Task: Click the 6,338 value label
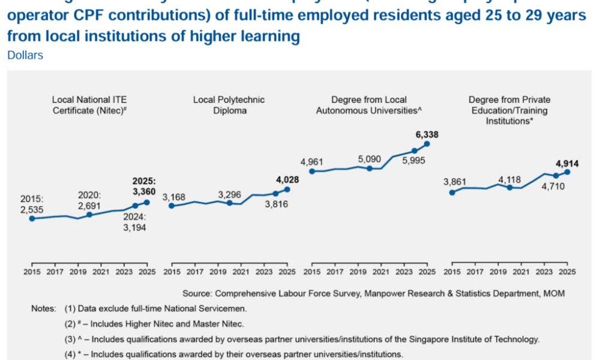click(427, 134)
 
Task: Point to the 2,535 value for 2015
click(32, 209)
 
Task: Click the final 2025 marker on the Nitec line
click(147, 202)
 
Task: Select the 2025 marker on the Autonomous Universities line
click(427, 143)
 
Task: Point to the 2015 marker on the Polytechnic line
click(172, 206)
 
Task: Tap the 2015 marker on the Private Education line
click(452, 192)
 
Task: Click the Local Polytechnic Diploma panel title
click(229, 105)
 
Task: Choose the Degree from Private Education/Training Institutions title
click(509, 110)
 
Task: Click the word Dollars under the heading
click(25, 55)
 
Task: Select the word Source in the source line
click(197, 293)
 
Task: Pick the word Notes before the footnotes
click(44, 308)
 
